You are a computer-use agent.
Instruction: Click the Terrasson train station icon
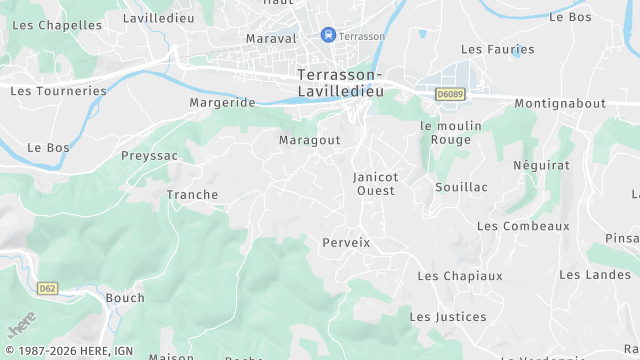pos(328,35)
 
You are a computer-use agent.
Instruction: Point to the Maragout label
pos(310,141)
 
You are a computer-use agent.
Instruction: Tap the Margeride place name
pos(222,103)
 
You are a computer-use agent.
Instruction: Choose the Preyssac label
pos(149,156)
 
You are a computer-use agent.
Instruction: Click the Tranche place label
pos(192,195)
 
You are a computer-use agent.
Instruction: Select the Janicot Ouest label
pos(376,184)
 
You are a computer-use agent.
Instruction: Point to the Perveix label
pos(346,243)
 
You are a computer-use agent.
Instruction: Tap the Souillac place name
pos(461,187)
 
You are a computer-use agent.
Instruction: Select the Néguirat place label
pos(541,165)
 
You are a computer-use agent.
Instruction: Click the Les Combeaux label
pos(523,226)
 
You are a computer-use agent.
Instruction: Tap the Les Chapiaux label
pos(460,276)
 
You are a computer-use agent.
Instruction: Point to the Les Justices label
pos(448,317)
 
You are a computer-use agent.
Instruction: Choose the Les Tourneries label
pos(58,91)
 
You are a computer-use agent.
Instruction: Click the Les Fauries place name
pos(497,49)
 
